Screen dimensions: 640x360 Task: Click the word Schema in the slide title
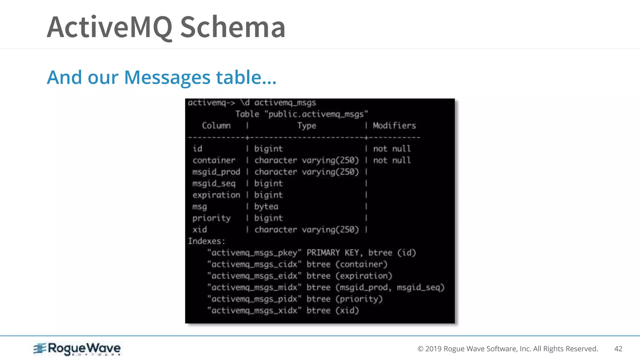232,27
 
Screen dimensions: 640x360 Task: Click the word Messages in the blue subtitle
167,77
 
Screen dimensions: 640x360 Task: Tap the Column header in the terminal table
216,126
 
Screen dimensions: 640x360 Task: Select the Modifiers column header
394,126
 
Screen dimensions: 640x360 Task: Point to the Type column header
307,126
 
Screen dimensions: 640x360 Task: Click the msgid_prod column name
216,172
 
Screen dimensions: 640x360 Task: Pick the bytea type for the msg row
266,207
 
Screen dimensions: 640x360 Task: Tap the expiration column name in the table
216,195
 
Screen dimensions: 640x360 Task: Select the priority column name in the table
212,218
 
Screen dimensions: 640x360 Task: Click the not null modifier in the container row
392,160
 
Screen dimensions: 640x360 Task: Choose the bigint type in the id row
268,149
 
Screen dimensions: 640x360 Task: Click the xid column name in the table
200,230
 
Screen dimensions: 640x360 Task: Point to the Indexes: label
206,241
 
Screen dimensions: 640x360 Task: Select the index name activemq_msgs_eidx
254,276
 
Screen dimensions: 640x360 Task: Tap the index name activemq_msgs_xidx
254,311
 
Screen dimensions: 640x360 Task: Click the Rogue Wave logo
77,349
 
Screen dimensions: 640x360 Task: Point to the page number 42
618,349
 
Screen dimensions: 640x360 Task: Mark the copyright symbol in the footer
420,349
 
